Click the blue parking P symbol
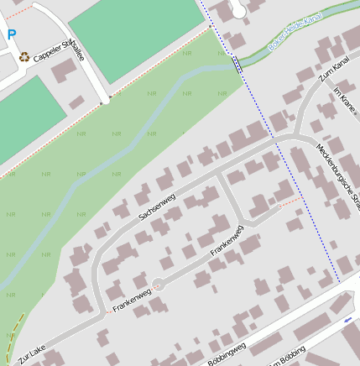pyautogui.click(x=11, y=35)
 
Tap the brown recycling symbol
pyautogui.click(x=25, y=57)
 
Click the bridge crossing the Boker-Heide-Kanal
pyautogui.click(x=237, y=62)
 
